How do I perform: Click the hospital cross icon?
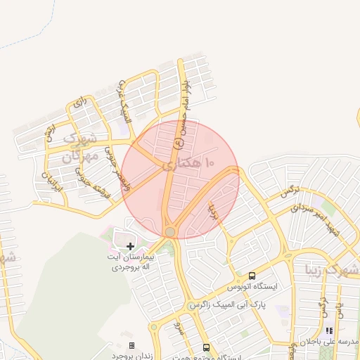131,246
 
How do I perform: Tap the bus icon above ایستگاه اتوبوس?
252,276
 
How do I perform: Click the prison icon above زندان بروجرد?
131,345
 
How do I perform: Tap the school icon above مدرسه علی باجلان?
328,330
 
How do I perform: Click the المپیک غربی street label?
124,106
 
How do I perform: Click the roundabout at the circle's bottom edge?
170,232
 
